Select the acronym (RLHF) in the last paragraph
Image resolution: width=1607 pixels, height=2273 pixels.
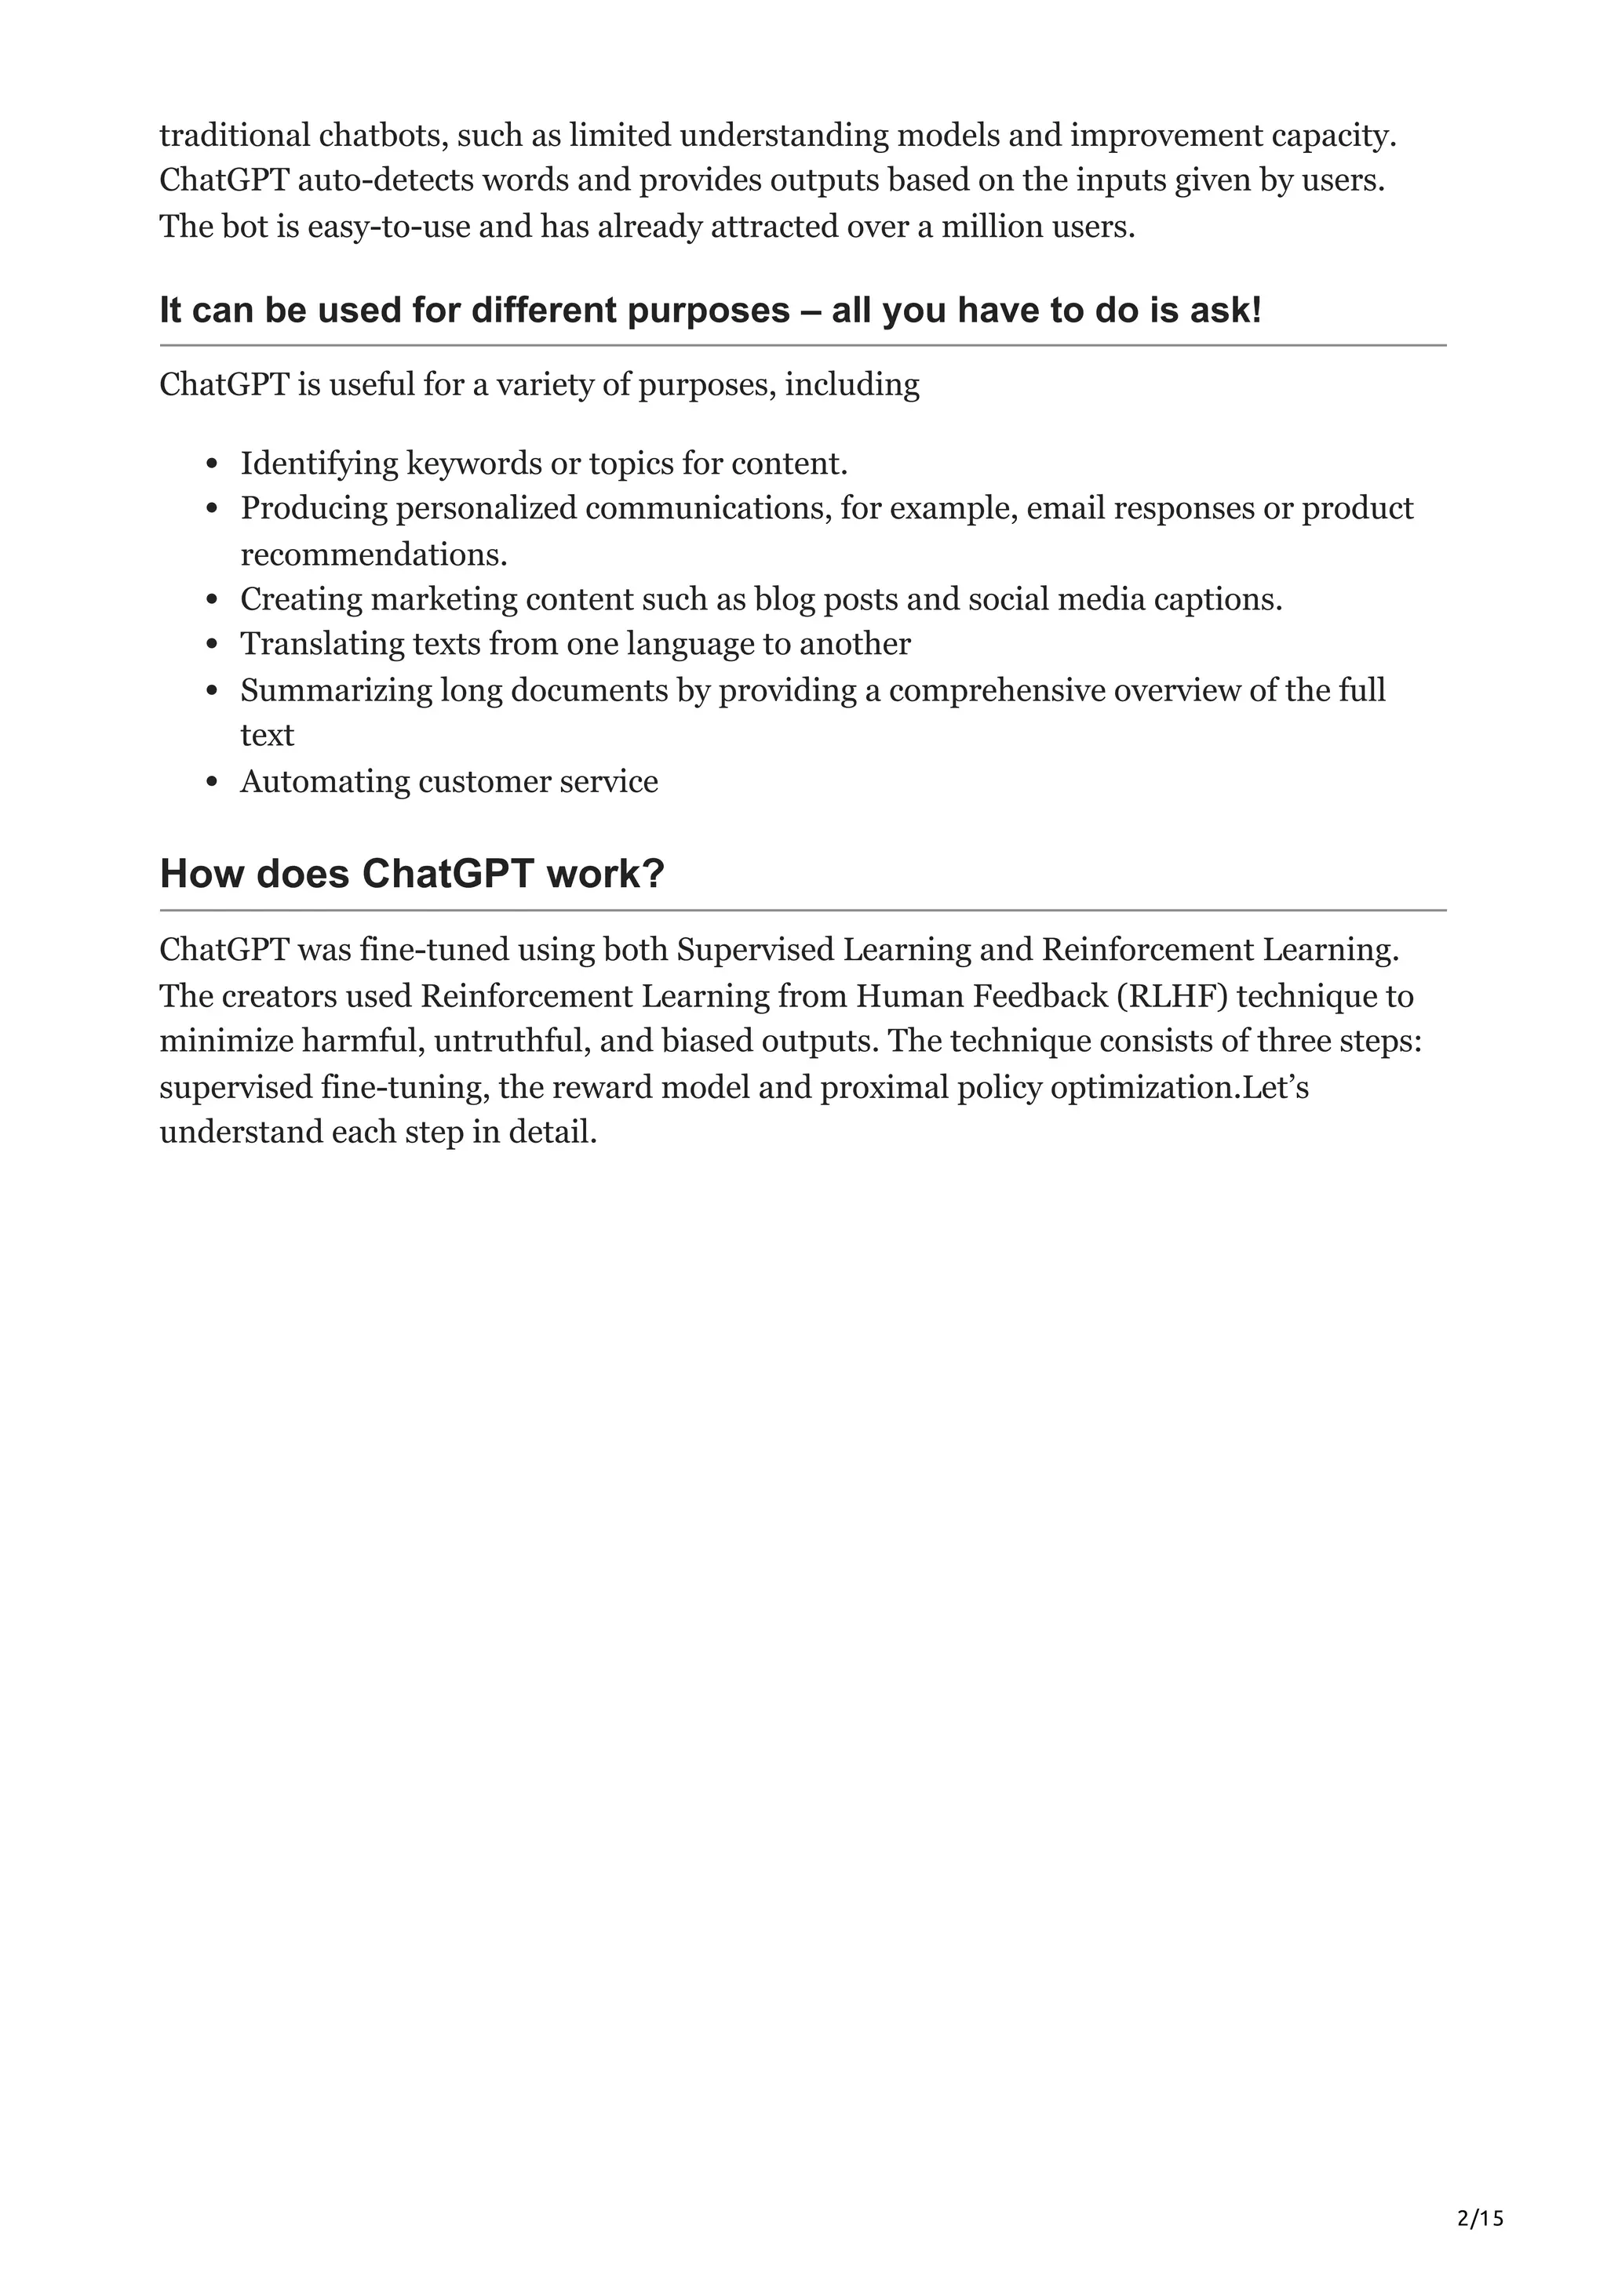pos(1172,995)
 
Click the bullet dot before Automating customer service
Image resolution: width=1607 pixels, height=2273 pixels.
pos(212,782)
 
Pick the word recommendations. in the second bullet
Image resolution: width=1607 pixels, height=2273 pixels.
pos(374,555)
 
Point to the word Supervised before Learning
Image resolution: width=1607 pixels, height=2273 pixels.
pos(755,949)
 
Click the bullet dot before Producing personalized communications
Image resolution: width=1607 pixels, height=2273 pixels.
pos(212,509)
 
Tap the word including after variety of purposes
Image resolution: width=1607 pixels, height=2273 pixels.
pos(851,384)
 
